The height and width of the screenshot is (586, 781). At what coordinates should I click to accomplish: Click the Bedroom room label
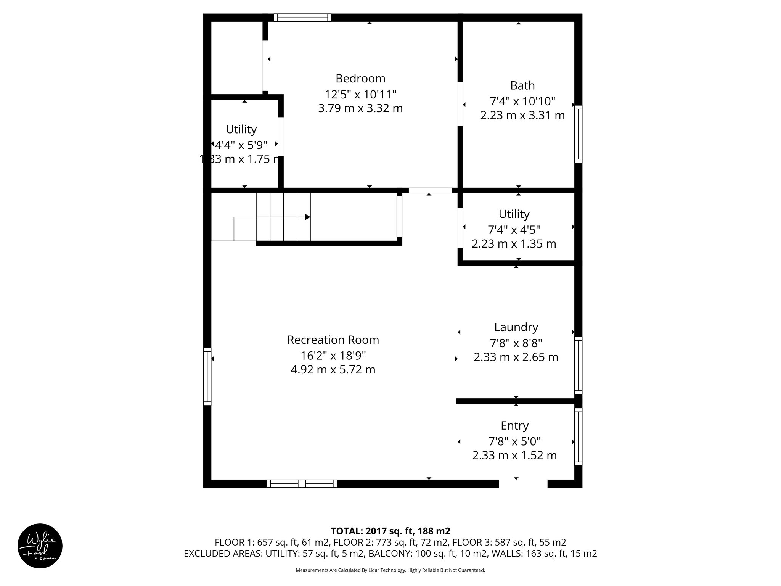(360, 79)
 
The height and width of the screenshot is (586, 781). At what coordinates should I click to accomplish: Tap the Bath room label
(522, 85)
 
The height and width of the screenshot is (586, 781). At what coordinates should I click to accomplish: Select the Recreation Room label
(333, 340)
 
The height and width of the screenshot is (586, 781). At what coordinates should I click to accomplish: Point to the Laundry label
(516, 327)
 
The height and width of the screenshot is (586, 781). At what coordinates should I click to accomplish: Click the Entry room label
(514, 425)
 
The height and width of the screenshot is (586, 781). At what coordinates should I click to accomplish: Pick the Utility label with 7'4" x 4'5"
(514, 214)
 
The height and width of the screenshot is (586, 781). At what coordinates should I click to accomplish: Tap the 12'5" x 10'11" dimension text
(360, 94)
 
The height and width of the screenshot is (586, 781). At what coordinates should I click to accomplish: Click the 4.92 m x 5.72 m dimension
(333, 370)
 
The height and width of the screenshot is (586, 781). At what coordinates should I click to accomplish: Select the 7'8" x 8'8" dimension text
(516, 343)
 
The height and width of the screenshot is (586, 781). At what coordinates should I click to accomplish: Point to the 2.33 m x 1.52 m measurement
(514, 456)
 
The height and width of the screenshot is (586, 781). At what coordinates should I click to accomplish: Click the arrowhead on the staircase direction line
(307, 217)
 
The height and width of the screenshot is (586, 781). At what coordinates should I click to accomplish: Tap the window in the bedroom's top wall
(302, 18)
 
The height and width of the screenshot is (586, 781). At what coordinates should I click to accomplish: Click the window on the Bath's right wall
(578, 134)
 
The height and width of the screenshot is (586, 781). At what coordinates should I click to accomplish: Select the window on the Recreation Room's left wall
(207, 376)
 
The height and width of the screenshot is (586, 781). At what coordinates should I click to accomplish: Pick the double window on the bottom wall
(302, 484)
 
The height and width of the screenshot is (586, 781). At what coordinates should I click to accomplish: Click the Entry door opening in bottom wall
(523, 484)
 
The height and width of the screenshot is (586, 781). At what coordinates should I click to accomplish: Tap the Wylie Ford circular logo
(40, 546)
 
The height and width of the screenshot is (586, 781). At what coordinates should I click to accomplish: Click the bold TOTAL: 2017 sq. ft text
(390, 531)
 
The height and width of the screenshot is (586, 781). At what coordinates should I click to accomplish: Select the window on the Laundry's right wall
(578, 365)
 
